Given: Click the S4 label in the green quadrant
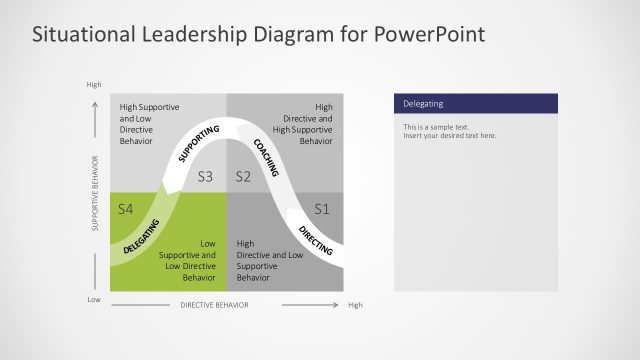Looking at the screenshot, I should tap(125, 209).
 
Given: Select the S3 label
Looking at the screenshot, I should tap(205, 177).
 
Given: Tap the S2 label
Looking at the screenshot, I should tap(242, 177).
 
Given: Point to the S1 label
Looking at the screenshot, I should tap(321, 209).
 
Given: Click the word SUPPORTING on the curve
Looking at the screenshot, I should tap(198, 142).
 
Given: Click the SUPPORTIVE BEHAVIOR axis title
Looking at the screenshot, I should tap(96, 193).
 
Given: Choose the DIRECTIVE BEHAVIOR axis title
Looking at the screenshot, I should tap(214, 305).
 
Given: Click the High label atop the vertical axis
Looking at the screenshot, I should tap(94, 85).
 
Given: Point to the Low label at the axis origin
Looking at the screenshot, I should tap(94, 300).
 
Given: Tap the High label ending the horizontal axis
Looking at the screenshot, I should tap(355, 305).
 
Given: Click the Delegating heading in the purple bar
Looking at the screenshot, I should tap(423, 104).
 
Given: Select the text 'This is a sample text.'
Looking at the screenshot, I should tap(435, 127).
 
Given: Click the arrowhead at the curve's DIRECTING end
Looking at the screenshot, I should tap(291, 213).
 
